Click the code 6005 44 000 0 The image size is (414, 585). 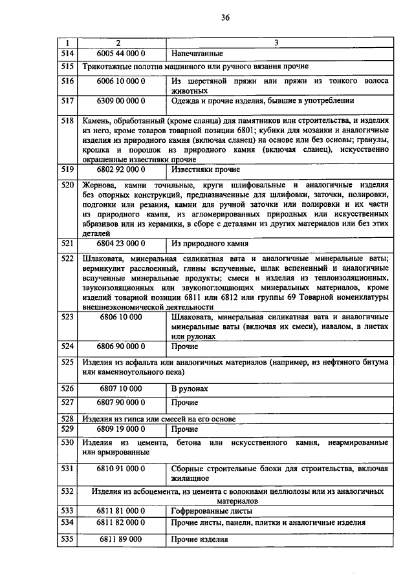pos(120,53)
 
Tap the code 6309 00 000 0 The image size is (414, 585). pos(120,101)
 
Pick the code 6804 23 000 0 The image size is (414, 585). pos(120,244)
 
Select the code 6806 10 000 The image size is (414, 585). pos(120,317)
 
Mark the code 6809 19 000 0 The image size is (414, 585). pos(120,429)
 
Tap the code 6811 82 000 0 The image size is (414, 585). pos(120,522)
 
